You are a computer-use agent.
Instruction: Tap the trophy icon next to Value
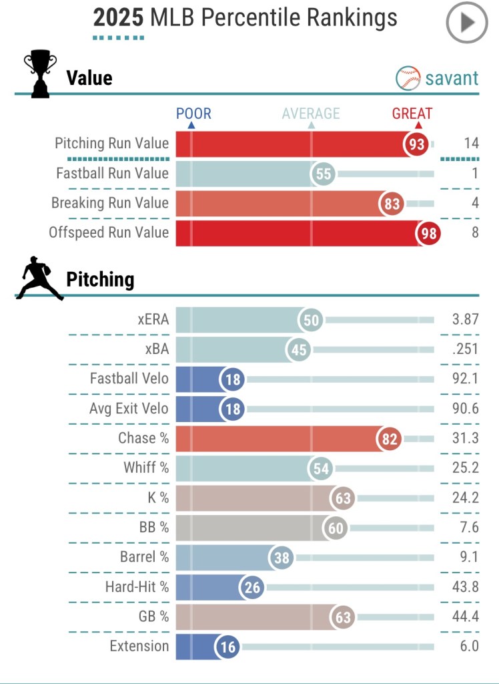point(40,73)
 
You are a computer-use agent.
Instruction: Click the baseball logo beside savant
point(408,78)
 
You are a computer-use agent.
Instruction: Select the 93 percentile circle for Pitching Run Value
point(417,144)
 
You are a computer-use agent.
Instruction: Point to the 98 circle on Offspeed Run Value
point(429,233)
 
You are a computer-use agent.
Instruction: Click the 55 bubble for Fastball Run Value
point(324,174)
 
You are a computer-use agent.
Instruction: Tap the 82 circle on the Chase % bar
point(390,439)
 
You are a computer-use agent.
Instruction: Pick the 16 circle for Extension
point(227,647)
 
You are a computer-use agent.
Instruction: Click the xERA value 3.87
point(465,320)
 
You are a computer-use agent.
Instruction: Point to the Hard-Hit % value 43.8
point(466,587)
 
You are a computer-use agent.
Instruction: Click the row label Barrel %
point(147,557)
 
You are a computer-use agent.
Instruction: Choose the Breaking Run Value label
point(110,203)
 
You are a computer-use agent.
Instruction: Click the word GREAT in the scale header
point(412,114)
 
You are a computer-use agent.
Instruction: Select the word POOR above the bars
point(193,114)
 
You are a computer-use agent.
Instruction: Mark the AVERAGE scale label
point(310,114)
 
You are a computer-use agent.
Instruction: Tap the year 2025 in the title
point(118,18)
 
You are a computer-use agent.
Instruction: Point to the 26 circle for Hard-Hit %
point(254,588)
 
